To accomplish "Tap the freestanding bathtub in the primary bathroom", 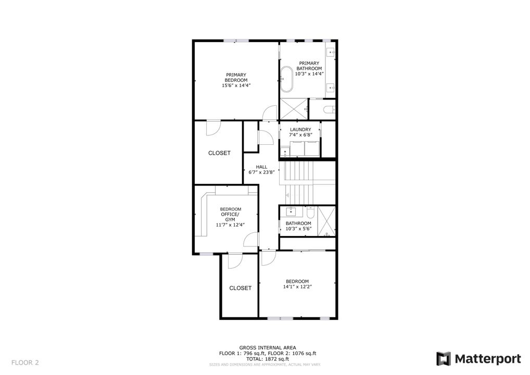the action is click(x=287, y=79).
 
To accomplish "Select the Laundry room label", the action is click(x=300, y=130).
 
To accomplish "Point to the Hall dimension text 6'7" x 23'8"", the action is click(x=261, y=172).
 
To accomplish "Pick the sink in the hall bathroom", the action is click(x=291, y=211).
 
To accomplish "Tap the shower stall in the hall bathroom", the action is click(x=326, y=221).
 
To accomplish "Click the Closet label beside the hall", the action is click(x=219, y=153).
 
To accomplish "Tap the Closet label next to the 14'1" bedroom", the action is click(x=241, y=288).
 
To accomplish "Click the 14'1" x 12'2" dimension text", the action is click(x=297, y=287).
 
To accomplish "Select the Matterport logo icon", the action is click(x=443, y=359).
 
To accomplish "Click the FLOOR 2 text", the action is click(x=25, y=363).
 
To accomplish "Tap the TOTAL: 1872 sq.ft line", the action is click(x=268, y=359).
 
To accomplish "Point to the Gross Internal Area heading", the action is click(x=268, y=347).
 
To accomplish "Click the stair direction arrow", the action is click(x=287, y=195).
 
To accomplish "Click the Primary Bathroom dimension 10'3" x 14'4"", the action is click(x=309, y=74).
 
